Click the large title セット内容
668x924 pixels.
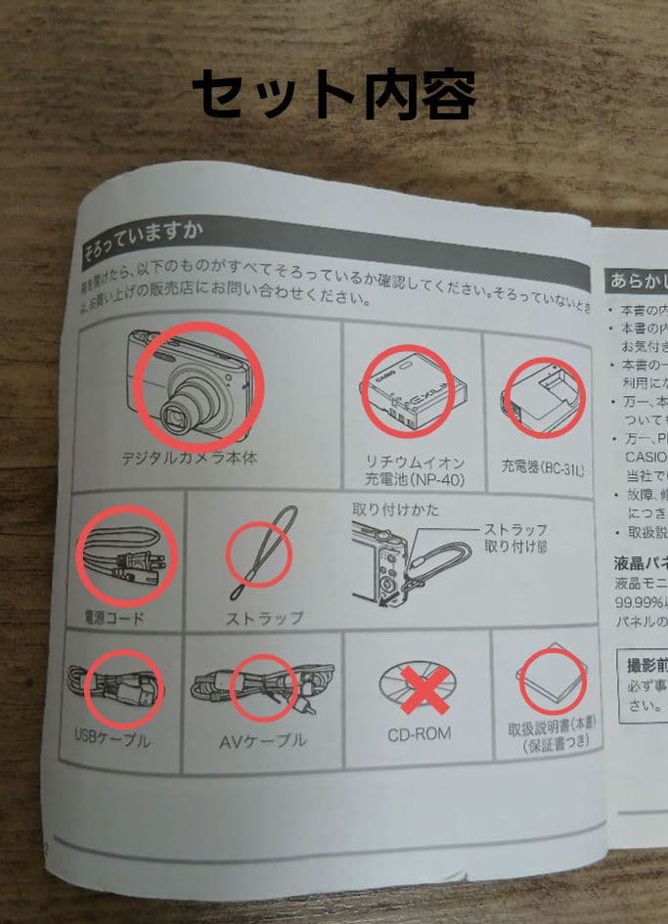(334, 95)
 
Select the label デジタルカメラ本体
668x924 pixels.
(190, 458)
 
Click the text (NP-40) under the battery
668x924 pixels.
(410, 479)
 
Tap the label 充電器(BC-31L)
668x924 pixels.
(542, 469)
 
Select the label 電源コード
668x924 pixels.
(114, 616)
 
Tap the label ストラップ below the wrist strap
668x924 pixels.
(265, 618)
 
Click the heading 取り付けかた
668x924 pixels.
(396, 509)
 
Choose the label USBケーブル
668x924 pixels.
(112, 739)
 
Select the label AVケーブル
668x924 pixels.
(262, 741)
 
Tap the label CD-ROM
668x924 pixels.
(419, 731)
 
